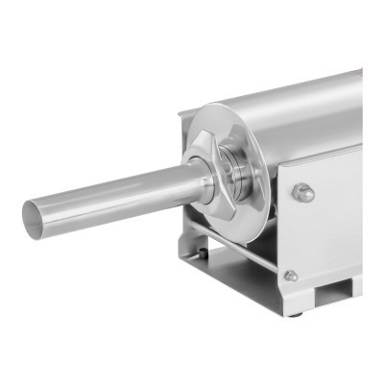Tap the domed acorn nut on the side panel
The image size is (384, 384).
[304, 192]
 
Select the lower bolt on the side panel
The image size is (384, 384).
[289, 276]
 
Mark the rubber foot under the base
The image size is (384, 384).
[299, 310]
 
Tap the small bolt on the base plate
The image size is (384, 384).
[200, 255]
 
